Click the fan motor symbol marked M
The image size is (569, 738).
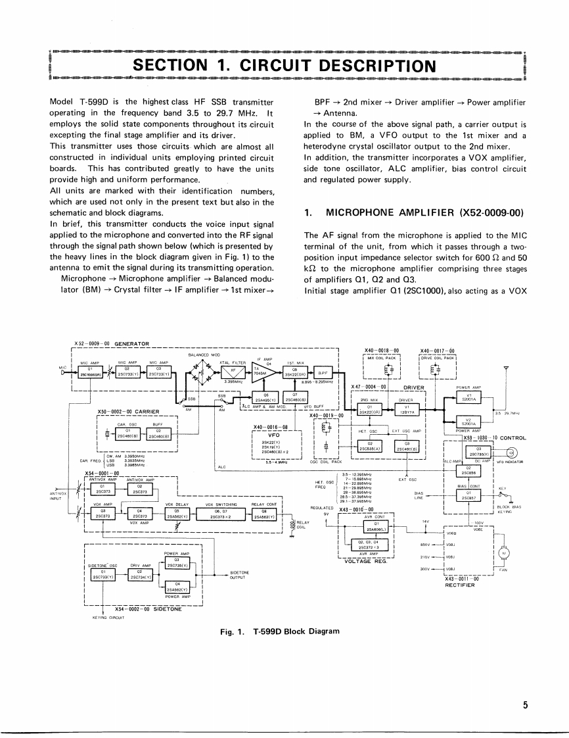tap(504, 553)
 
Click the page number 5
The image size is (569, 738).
tap(526, 705)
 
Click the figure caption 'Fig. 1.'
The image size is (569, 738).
tap(235, 631)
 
